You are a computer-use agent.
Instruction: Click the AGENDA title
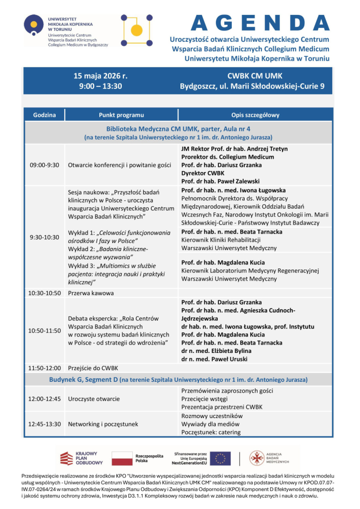[260, 23]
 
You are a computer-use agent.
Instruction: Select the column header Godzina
[44, 115]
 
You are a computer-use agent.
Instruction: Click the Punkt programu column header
[121, 115]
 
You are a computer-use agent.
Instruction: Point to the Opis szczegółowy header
[255, 115]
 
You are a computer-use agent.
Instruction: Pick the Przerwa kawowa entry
[91, 293]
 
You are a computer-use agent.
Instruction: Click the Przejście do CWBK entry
[93, 368]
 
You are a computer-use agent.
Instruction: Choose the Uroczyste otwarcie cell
[94, 398]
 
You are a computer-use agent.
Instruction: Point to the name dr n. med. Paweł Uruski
[215, 359]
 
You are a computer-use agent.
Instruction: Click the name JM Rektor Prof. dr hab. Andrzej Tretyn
[234, 148]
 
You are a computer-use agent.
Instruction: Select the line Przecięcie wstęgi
[205, 398]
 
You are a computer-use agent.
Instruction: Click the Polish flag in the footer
[121, 458]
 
